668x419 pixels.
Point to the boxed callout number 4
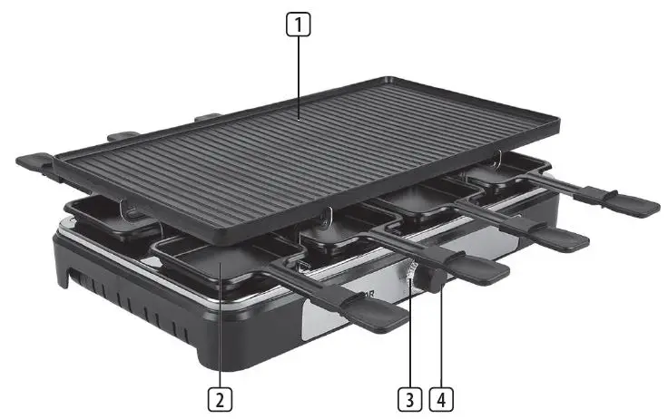tap(443, 396)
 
